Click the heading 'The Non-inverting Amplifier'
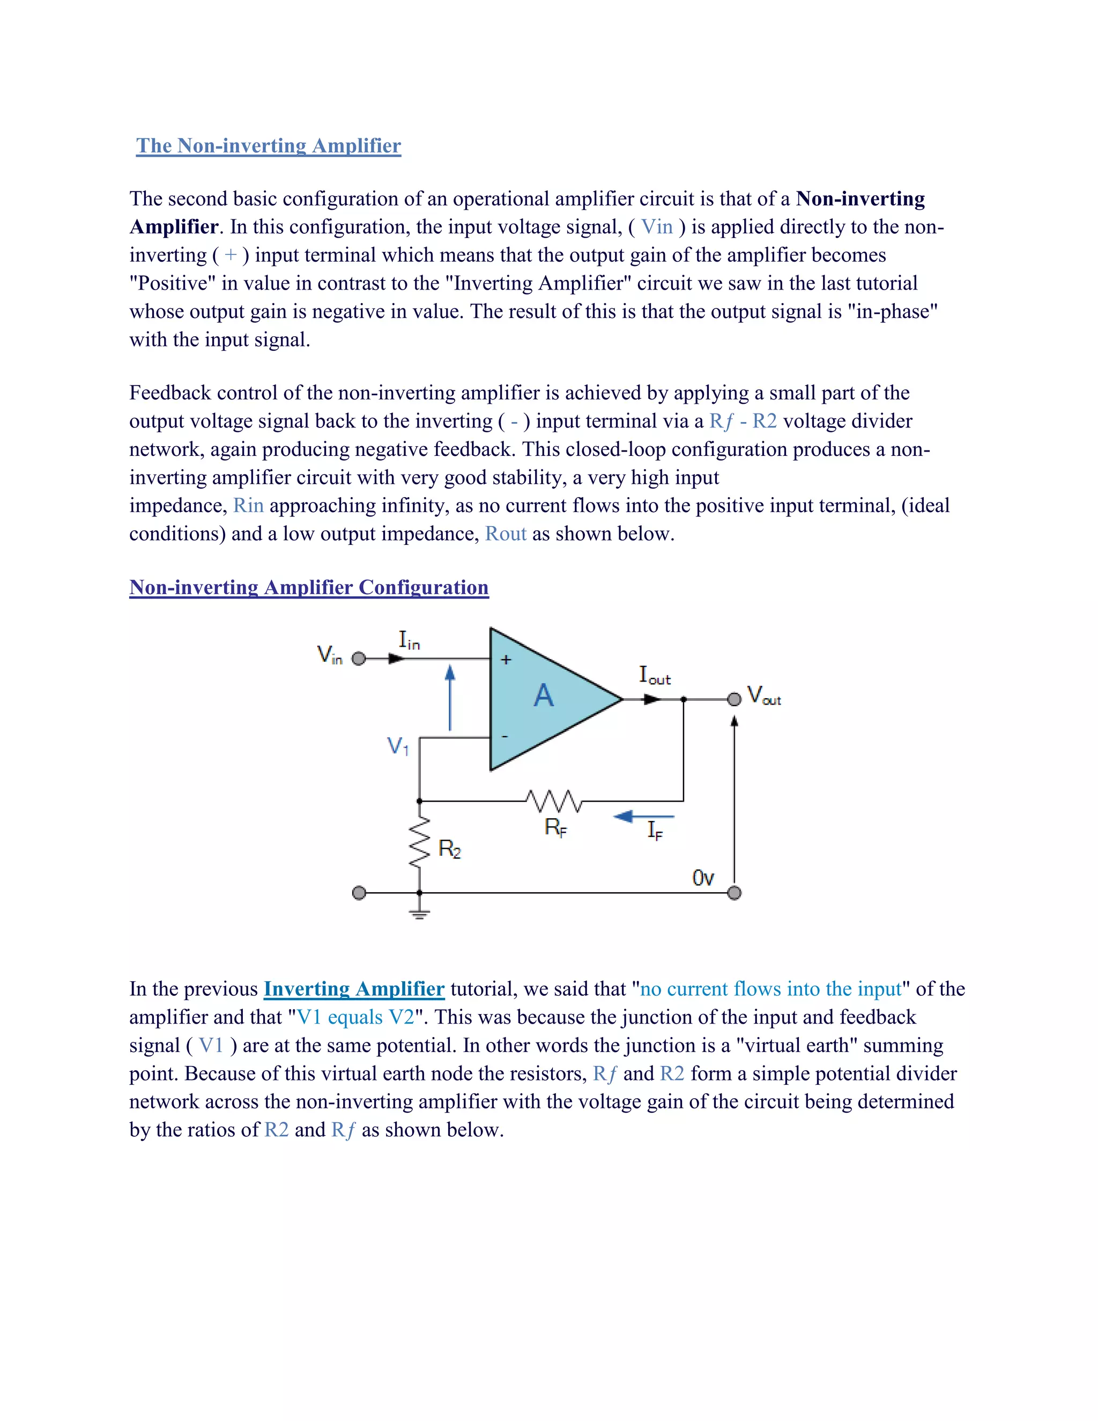268,146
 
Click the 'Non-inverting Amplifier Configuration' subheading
308,588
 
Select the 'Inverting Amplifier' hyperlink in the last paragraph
354,989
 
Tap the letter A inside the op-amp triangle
544,696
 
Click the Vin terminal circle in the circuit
359,658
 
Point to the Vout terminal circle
735,699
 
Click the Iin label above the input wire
409,641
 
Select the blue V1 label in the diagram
397,746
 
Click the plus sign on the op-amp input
506,660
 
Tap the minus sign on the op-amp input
505,737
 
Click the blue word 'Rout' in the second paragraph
506,534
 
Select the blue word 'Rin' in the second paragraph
248,506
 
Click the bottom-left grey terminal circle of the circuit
359,893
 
